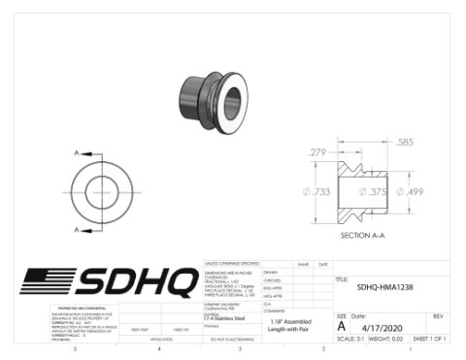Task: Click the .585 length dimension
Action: (x=406, y=143)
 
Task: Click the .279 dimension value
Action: (x=317, y=151)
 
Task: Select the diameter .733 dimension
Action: (x=317, y=192)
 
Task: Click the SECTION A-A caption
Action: (x=364, y=235)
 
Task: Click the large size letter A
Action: (x=341, y=327)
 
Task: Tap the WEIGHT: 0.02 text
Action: (x=388, y=340)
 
